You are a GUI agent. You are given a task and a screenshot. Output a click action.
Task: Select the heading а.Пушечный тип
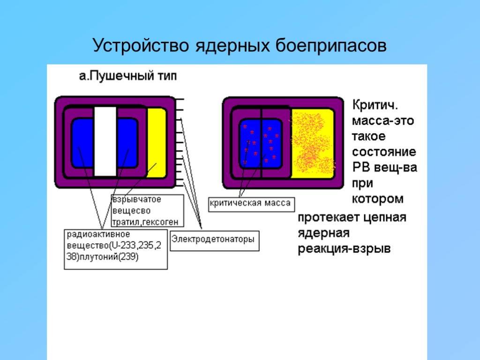click(127, 76)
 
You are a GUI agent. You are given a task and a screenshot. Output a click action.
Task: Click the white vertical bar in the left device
click(105, 141)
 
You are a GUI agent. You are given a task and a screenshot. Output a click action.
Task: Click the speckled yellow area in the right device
click(313, 143)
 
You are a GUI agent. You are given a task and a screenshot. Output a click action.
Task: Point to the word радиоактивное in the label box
click(98, 234)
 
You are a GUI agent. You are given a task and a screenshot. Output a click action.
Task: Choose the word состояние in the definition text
click(384, 152)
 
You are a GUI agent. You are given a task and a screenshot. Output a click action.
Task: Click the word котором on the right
click(378, 199)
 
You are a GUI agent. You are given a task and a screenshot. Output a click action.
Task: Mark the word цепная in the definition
click(385, 218)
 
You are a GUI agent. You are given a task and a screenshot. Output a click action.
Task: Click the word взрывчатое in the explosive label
click(136, 199)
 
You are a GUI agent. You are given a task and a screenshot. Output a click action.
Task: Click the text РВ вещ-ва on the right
click(384, 167)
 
